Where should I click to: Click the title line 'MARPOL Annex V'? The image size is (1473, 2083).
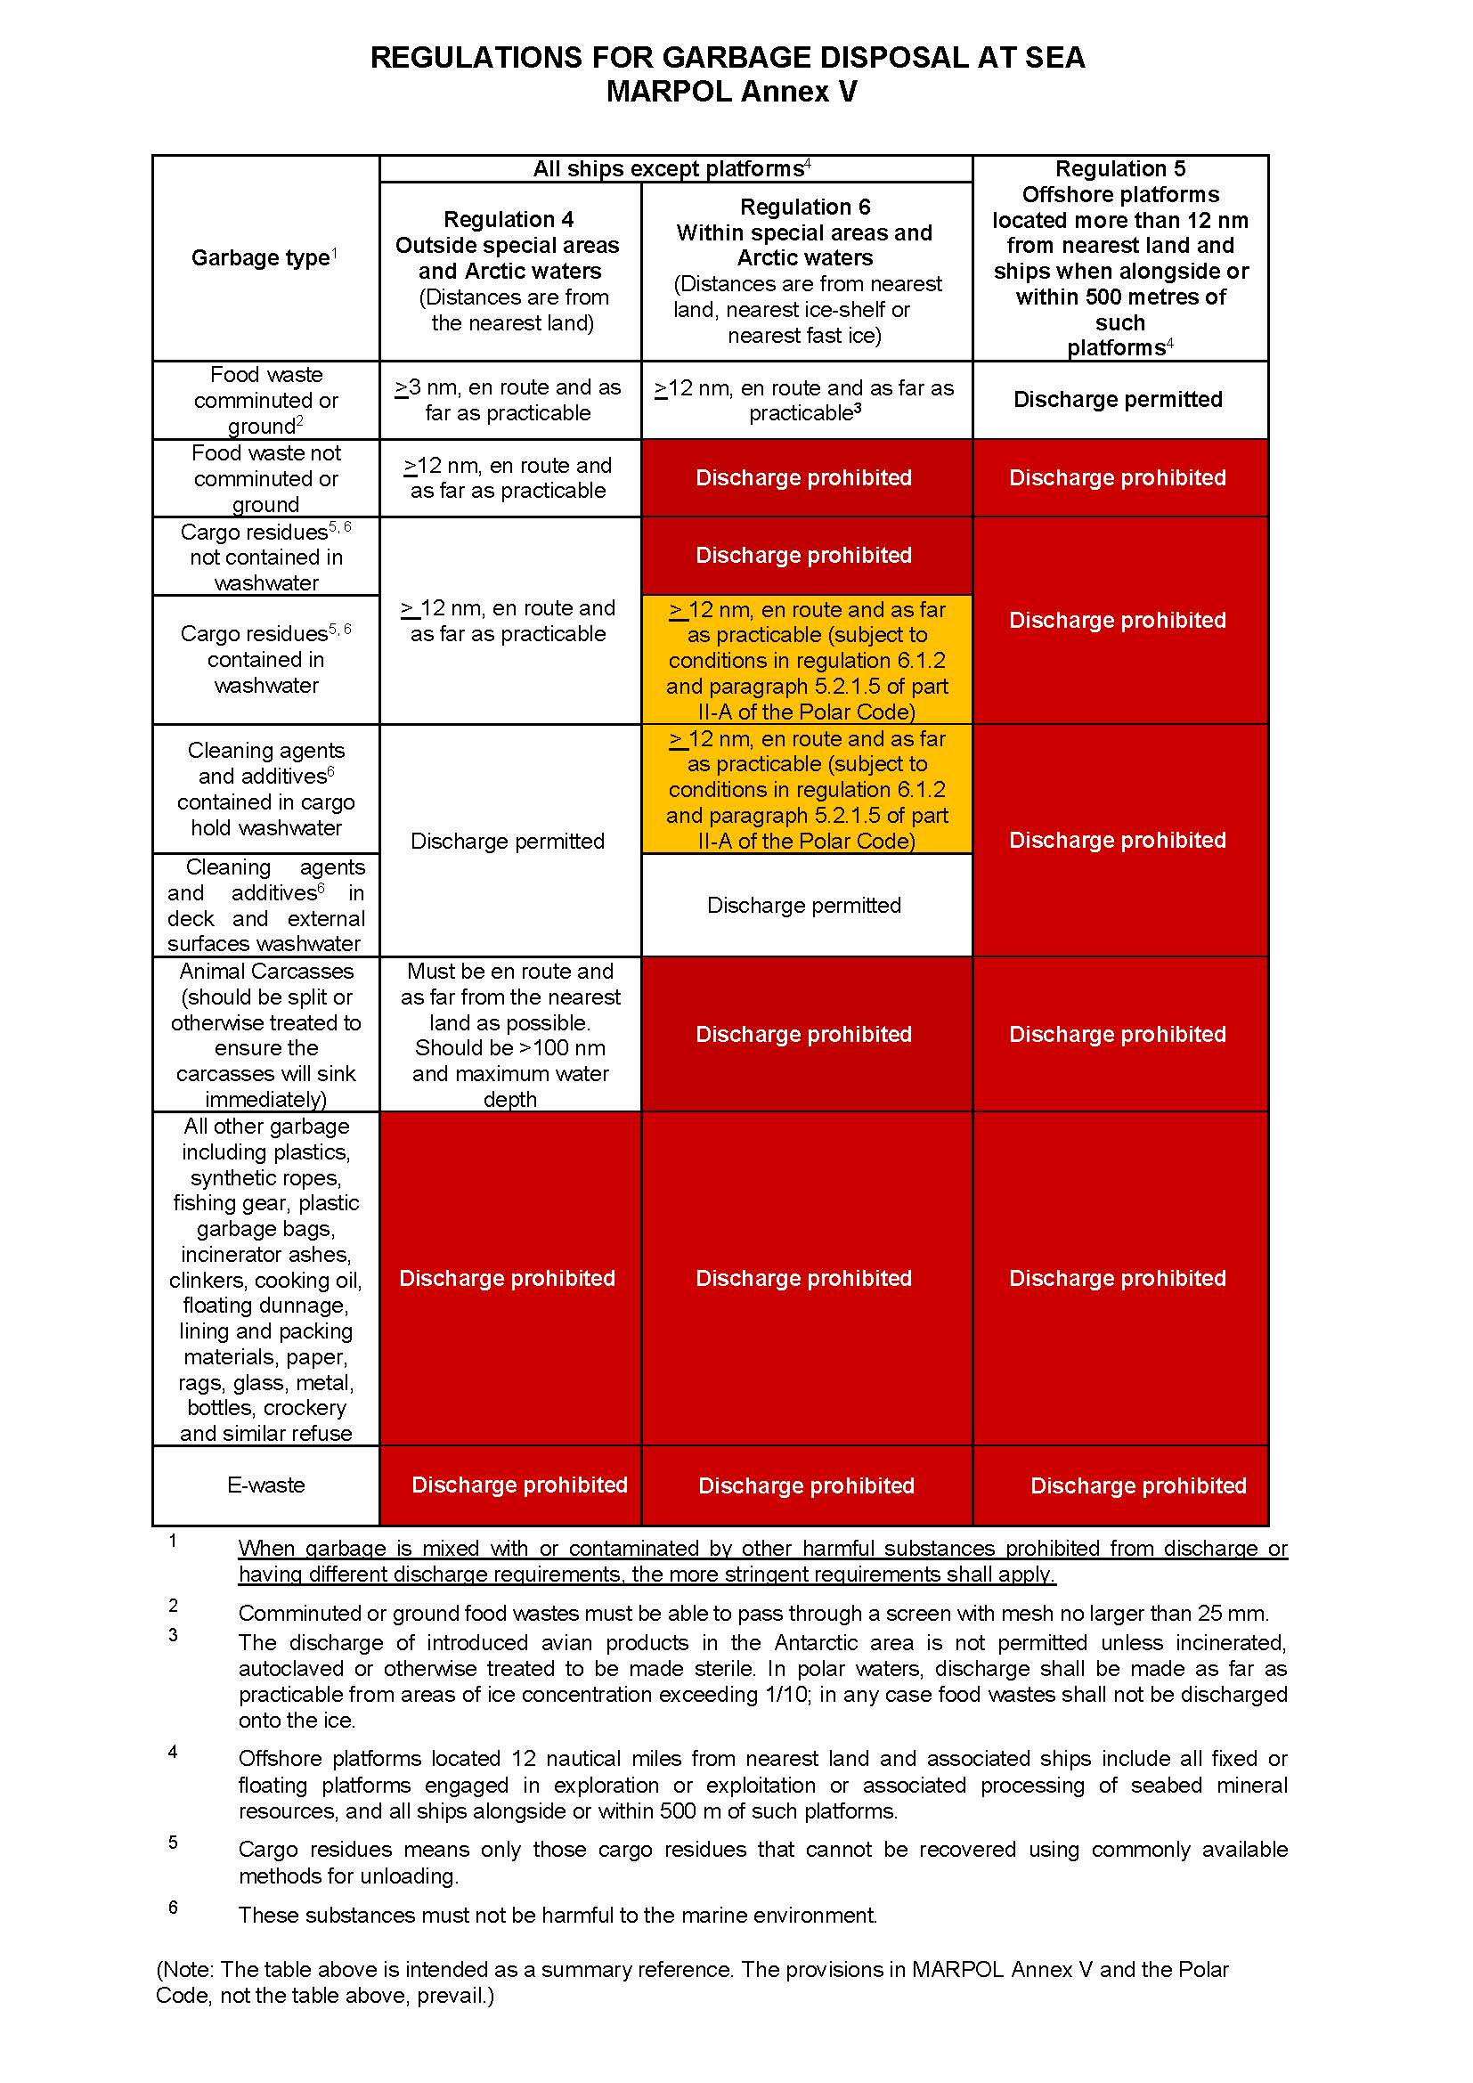[731, 92]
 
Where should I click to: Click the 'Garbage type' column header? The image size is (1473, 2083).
[260, 257]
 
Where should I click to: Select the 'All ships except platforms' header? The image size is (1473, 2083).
[670, 168]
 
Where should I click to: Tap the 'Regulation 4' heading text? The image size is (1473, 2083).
[508, 220]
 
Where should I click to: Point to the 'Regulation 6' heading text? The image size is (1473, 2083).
[804, 207]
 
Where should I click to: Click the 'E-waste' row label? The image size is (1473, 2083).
[265, 1485]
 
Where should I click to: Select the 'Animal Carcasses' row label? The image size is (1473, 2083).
[265, 972]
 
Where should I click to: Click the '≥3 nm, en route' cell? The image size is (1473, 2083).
[508, 400]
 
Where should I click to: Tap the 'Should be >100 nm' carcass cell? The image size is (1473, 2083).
[509, 1048]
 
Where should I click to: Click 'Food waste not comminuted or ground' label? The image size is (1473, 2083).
[265, 478]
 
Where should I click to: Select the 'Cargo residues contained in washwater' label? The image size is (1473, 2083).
[265, 660]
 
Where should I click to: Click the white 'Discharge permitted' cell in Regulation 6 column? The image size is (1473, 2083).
[803, 906]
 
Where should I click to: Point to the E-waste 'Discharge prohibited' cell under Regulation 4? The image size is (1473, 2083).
[519, 1485]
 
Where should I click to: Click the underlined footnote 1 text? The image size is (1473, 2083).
[762, 1561]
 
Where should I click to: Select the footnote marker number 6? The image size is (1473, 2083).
[173, 1908]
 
